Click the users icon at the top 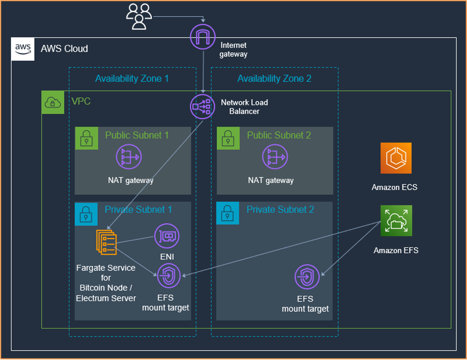point(139,17)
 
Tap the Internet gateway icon point(203,37)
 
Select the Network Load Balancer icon point(203,106)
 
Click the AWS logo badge point(23,49)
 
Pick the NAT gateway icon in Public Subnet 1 point(129,156)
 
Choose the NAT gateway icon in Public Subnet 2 point(275,156)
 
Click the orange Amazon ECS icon point(396,158)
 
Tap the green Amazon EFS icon point(396,221)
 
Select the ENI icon point(167,237)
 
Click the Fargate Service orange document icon point(106,242)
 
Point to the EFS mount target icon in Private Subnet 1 point(168,276)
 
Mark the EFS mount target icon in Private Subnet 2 point(307,277)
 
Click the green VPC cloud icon point(53,102)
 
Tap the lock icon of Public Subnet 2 point(228,138)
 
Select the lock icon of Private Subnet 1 point(86,214)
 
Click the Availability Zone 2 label point(274,79)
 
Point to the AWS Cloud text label point(65,49)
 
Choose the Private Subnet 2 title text point(281,210)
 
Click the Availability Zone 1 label point(132,79)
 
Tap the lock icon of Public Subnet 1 point(87,138)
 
